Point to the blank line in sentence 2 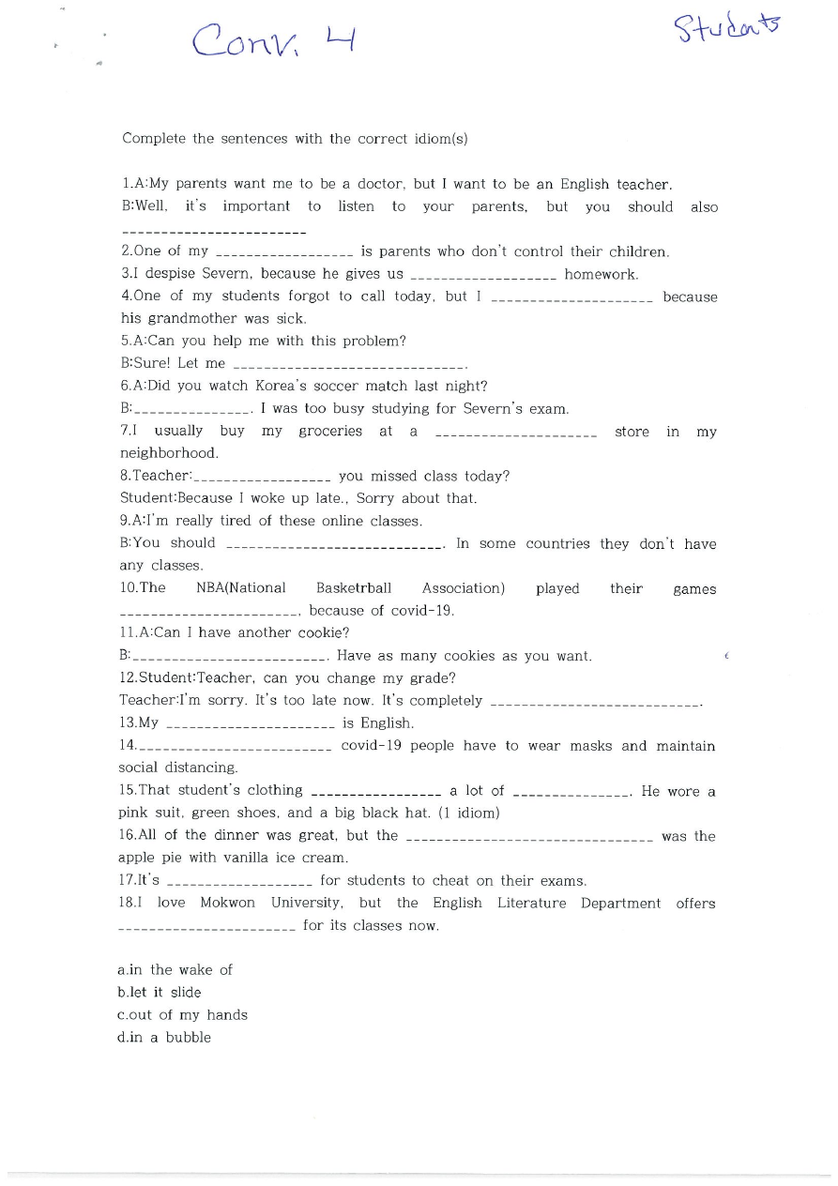click(x=284, y=253)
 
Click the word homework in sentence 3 click(x=601, y=274)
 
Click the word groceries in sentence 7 click(x=329, y=431)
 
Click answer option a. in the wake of click(x=175, y=969)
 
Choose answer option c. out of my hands click(x=182, y=1014)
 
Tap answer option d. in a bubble click(x=164, y=1037)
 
